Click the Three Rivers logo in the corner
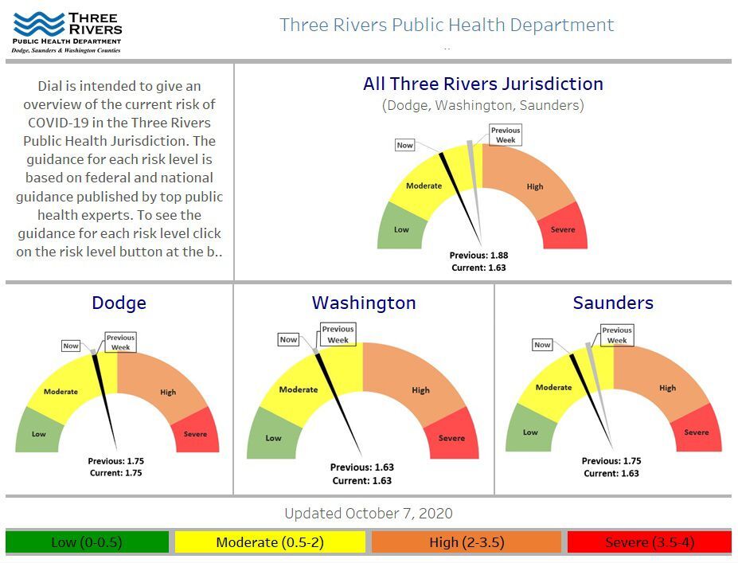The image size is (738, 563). tap(67, 32)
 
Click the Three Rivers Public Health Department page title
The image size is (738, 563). tap(447, 25)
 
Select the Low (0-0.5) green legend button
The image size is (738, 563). tap(87, 542)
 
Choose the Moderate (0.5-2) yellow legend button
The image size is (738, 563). tap(270, 542)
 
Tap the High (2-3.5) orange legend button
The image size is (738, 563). tap(466, 542)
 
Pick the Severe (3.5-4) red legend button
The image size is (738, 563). tap(649, 542)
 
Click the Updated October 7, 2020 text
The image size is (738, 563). tap(368, 514)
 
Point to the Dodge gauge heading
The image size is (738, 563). tap(119, 303)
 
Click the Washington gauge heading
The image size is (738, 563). tap(364, 303)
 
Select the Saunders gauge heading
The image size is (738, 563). tap(613, 303)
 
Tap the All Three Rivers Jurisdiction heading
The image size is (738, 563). tap(482, 84)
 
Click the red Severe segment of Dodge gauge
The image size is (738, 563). tap(195, 433)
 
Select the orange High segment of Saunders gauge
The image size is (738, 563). tap(667, 388)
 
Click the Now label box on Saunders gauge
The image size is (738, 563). tap(542, 345)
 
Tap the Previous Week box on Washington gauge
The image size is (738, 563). tap(338, 334)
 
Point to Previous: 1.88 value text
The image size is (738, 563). tap(478, 256)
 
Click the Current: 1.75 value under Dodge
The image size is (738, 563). tap(116, 473)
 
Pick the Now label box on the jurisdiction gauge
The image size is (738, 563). tap(405, 146)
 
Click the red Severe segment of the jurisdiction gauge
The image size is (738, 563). tap(563, 229)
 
